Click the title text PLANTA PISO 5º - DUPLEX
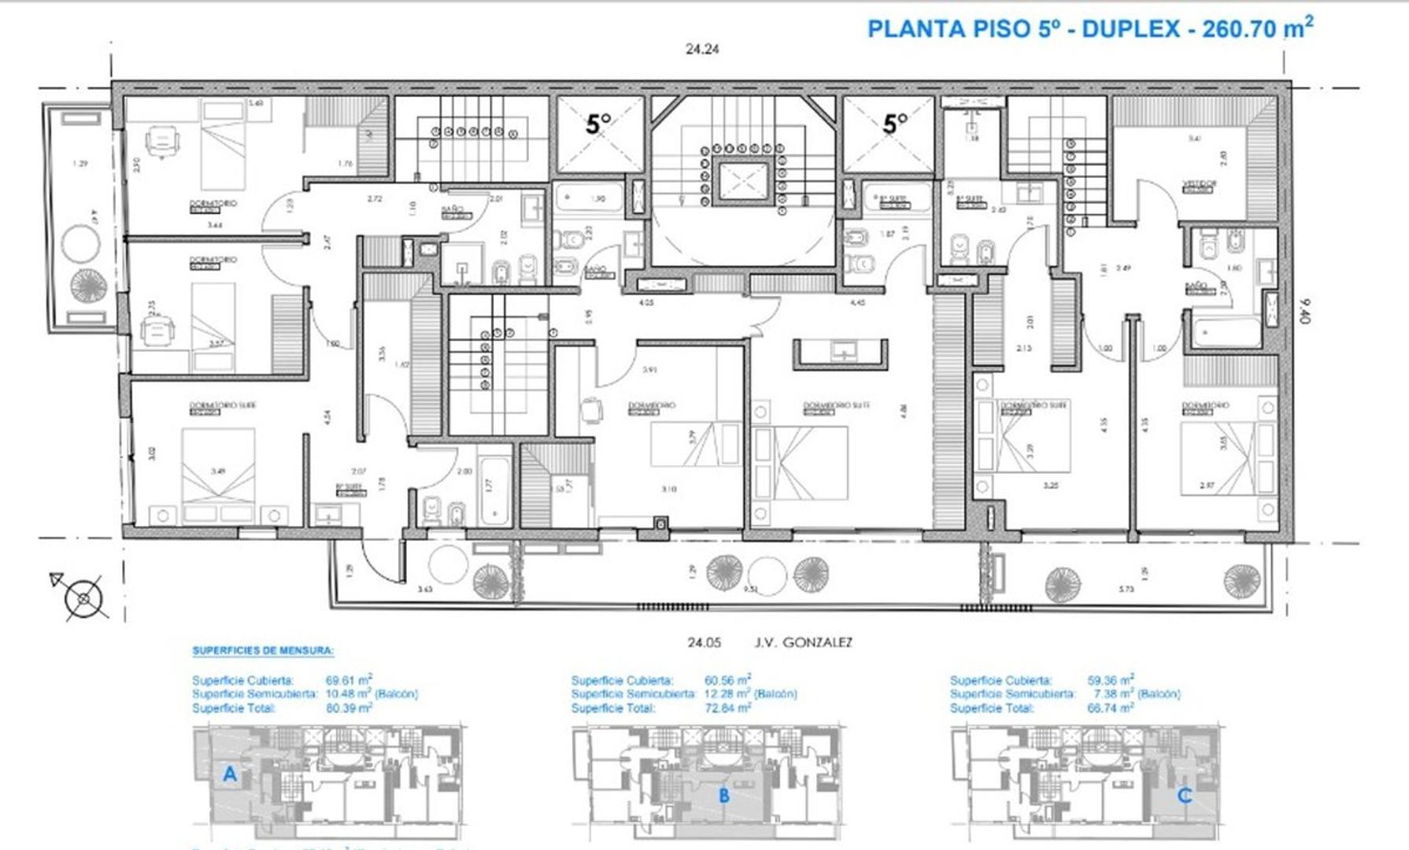pyautogui.click(x=1023, y=29)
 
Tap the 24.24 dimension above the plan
pyautogui.click(x=702, y=49)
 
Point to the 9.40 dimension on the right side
pyautogui.click(x=1306, y=310)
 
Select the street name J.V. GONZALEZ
pyautogui.click(x=802, y=642)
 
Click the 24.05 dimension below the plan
pyautogui.click(x=704, y=642)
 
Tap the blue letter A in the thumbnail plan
pyautogui.click(x=229, y=774)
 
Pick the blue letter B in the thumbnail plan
pyautogui.click(x=724, y=796)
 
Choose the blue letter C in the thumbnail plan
pyautogui.click(x=1184, y=796)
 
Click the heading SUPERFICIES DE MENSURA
pyautogui.click(x=263, y=651)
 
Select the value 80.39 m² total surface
pyautogui.click(x=349, y=708)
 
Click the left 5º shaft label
pyautogui.click(x=598, y=124)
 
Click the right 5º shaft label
pyautogui.click(x=895, y=124)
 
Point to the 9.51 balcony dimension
pyautogui.click(x=750, y=588)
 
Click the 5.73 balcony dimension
pyautogui.click(x=1126, y=588)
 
